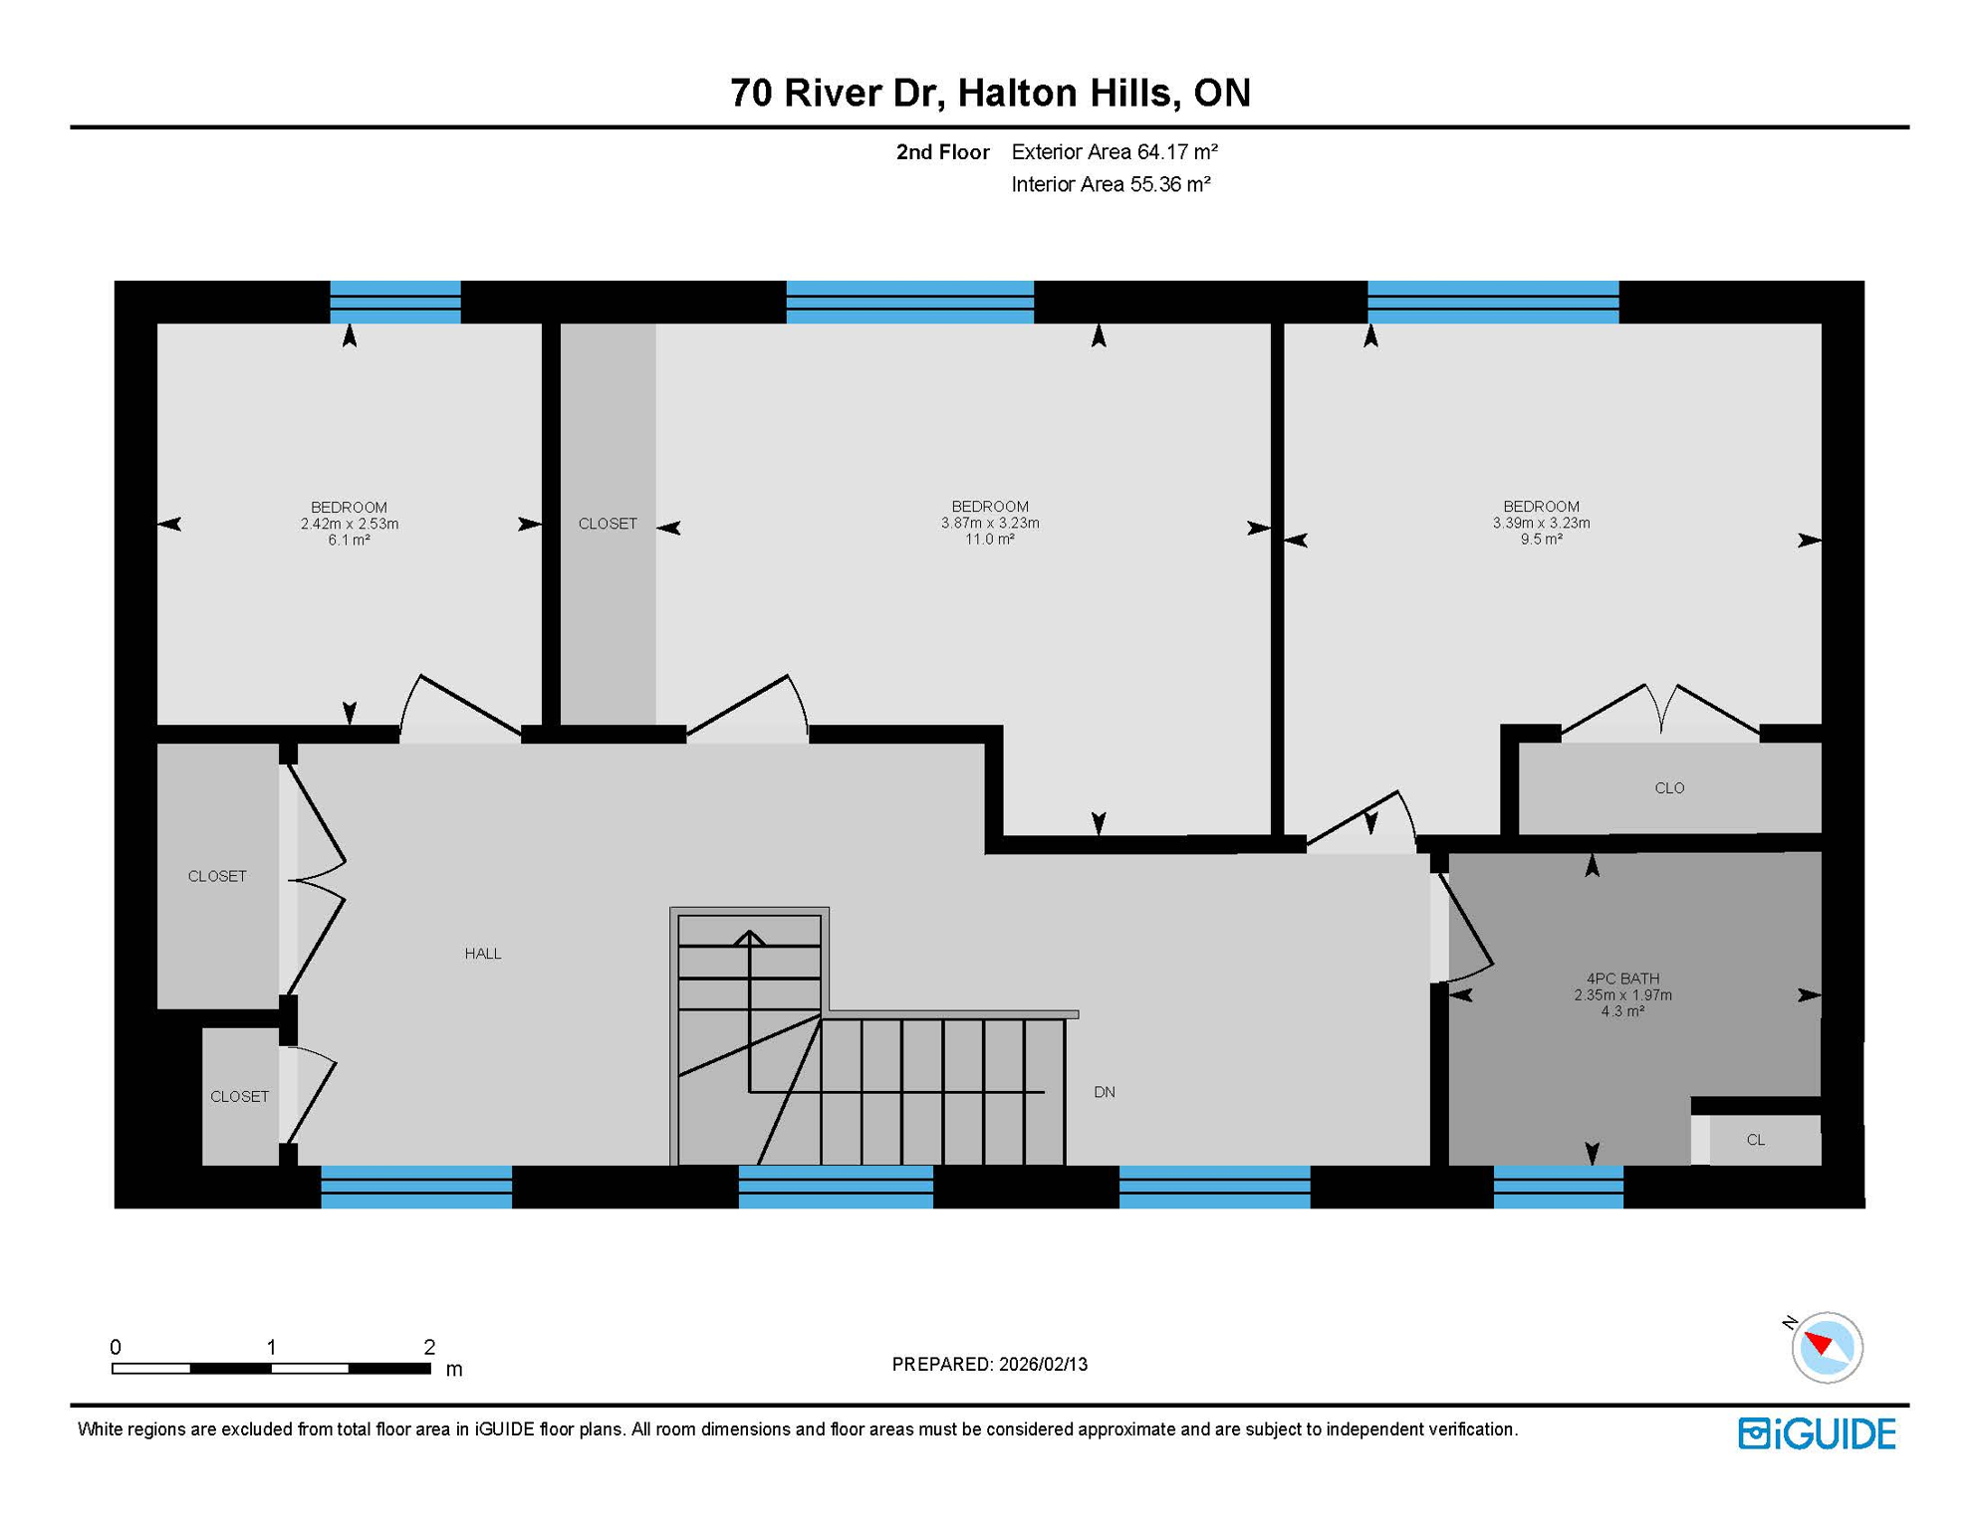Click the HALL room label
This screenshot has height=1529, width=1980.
pos(482,954)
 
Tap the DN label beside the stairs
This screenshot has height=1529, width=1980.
pos(1104,1092)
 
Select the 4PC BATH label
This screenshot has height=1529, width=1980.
pos(1622,979)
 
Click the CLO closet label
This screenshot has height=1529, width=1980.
pos(1669,788)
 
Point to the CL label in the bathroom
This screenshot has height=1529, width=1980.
pos(1755,1140)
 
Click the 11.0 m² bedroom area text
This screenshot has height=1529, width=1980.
pos(989,540)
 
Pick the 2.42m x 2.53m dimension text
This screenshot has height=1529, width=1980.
pos(349,524)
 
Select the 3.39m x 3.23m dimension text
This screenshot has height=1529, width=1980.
pos(1541,523)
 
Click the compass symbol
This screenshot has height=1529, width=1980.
pos(1826,1347)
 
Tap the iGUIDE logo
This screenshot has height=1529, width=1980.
pos(1817,1433)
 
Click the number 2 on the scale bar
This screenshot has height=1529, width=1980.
pos(429,1347)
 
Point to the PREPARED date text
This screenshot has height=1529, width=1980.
pos(989,1365)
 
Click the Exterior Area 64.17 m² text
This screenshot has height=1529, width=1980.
pos(1114,152)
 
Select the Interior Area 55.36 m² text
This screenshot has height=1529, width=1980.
pos(1110,184)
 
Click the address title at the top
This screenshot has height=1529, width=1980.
pos(989,93)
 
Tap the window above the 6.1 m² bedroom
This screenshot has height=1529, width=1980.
pos(395,302)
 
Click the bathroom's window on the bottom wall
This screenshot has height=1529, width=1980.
pos(1558,1187)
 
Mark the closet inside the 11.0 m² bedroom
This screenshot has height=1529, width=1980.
pos(608,524)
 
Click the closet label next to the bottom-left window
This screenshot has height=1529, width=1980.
pos(239,1096)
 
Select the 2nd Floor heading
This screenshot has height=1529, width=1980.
pos(942,152)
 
